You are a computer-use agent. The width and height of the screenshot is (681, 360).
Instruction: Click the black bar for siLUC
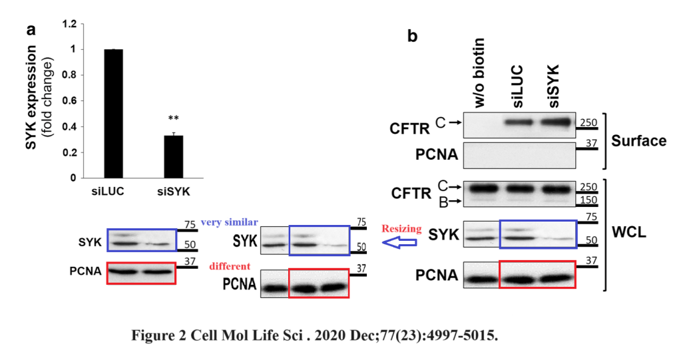[113, 113]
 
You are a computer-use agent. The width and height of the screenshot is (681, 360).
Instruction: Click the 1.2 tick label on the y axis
[69, 24]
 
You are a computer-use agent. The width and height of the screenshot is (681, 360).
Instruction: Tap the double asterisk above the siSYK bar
[173, 119]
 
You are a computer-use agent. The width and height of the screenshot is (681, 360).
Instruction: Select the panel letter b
[413, 37]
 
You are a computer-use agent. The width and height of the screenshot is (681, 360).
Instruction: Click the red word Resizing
[401, 229]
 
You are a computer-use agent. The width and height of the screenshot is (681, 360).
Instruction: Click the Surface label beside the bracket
[639, 141]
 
